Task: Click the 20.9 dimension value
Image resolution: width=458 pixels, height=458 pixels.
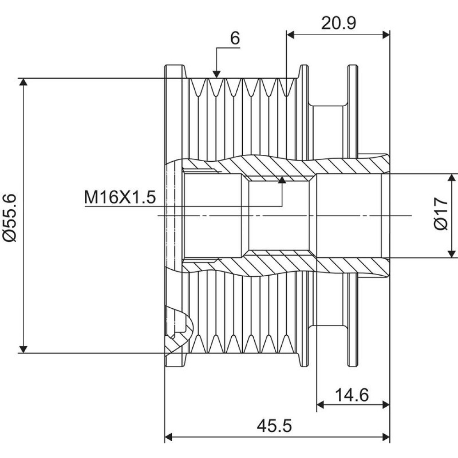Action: click(x=338, y=23)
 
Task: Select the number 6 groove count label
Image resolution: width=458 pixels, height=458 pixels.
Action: click(x=235, y=38)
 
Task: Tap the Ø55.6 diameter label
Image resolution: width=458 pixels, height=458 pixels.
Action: click(x=10, y=218)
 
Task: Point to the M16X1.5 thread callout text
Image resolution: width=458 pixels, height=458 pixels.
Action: click(x=120, y=197)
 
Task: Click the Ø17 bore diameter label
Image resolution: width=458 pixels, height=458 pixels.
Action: click(x=441, y=214)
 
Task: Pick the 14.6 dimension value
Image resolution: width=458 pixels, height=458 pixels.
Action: click(x=352, y=395)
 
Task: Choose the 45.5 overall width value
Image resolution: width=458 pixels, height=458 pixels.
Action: click(x=274, y=426)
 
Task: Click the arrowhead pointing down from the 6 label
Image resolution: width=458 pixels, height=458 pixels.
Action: click(x=217, y=75)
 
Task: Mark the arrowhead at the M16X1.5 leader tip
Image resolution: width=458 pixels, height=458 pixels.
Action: click(x=282, y=180)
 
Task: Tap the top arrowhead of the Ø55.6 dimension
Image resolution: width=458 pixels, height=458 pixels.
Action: click(x=23, y=82)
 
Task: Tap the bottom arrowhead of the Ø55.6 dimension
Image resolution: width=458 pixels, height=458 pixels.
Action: click(x=23, y=349)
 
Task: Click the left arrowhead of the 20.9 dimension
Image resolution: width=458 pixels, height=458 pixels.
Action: click(x=290, y=35)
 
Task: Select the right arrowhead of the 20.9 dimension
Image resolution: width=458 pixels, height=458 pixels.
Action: click(x=386, y=35)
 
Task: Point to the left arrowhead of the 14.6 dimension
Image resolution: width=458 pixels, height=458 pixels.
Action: click(x=321, y=405)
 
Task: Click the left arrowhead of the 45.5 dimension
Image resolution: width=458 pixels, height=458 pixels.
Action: click(x=169, y=437)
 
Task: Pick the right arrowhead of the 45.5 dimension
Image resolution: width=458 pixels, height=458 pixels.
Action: click(x=386, y=437)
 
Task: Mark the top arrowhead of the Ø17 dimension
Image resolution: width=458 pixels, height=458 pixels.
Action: click(x=452, y=177)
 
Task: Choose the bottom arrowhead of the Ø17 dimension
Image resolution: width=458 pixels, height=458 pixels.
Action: click(x=452, y=254)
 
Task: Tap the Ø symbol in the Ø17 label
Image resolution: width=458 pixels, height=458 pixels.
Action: click(x=441, y=224)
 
